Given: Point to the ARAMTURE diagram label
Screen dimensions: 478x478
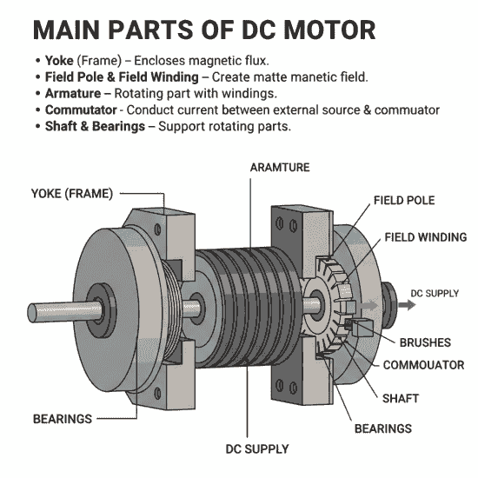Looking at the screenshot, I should pos(280,166).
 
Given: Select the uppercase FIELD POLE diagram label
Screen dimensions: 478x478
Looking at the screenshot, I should pos(404,201).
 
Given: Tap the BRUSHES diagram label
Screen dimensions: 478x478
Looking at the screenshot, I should pos(424,343).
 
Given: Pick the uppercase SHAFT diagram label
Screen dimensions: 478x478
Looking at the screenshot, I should pos(401,399).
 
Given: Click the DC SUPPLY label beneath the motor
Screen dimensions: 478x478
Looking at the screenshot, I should pos(256,449).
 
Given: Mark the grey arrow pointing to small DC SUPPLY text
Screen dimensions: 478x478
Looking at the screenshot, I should pos(373,305).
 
